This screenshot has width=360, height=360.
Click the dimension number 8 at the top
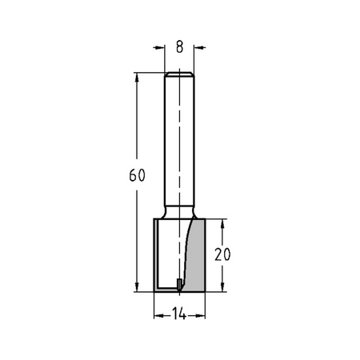point(180,47)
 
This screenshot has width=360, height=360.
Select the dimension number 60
point(137,175)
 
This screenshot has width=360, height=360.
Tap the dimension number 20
point(222,254)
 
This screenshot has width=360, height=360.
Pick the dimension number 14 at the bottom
point(179,314)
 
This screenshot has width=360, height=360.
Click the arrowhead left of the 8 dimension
point(159,47)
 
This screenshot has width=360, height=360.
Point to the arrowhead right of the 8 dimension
point(199,47)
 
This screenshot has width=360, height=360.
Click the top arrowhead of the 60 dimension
point(137,78)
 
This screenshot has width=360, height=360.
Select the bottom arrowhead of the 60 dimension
point(137,286)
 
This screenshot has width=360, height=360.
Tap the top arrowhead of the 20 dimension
point(222,225)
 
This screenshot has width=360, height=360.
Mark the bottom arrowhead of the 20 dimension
point(222,286)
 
